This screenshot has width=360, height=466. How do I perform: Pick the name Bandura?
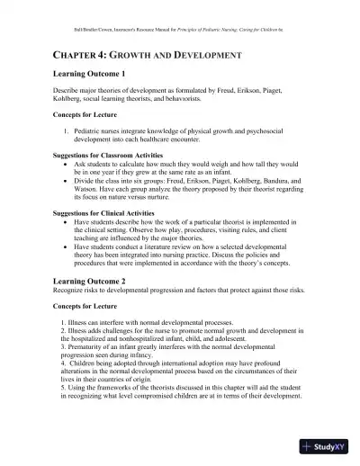(292, 179)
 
